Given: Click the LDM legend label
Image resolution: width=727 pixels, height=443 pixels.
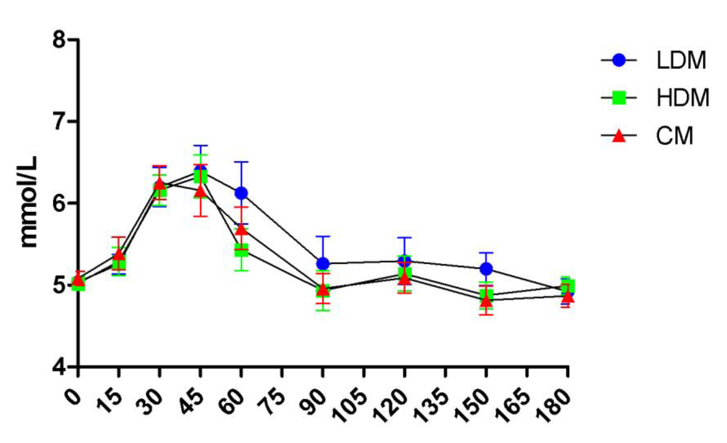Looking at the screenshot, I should tap(681, 60).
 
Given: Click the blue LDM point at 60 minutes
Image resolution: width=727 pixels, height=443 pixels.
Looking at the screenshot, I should tap(241, 193).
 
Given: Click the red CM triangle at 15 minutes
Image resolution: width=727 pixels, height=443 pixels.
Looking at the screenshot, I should tap(118, 254).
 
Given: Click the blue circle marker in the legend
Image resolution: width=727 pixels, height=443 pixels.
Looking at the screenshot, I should tap(619, 60).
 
